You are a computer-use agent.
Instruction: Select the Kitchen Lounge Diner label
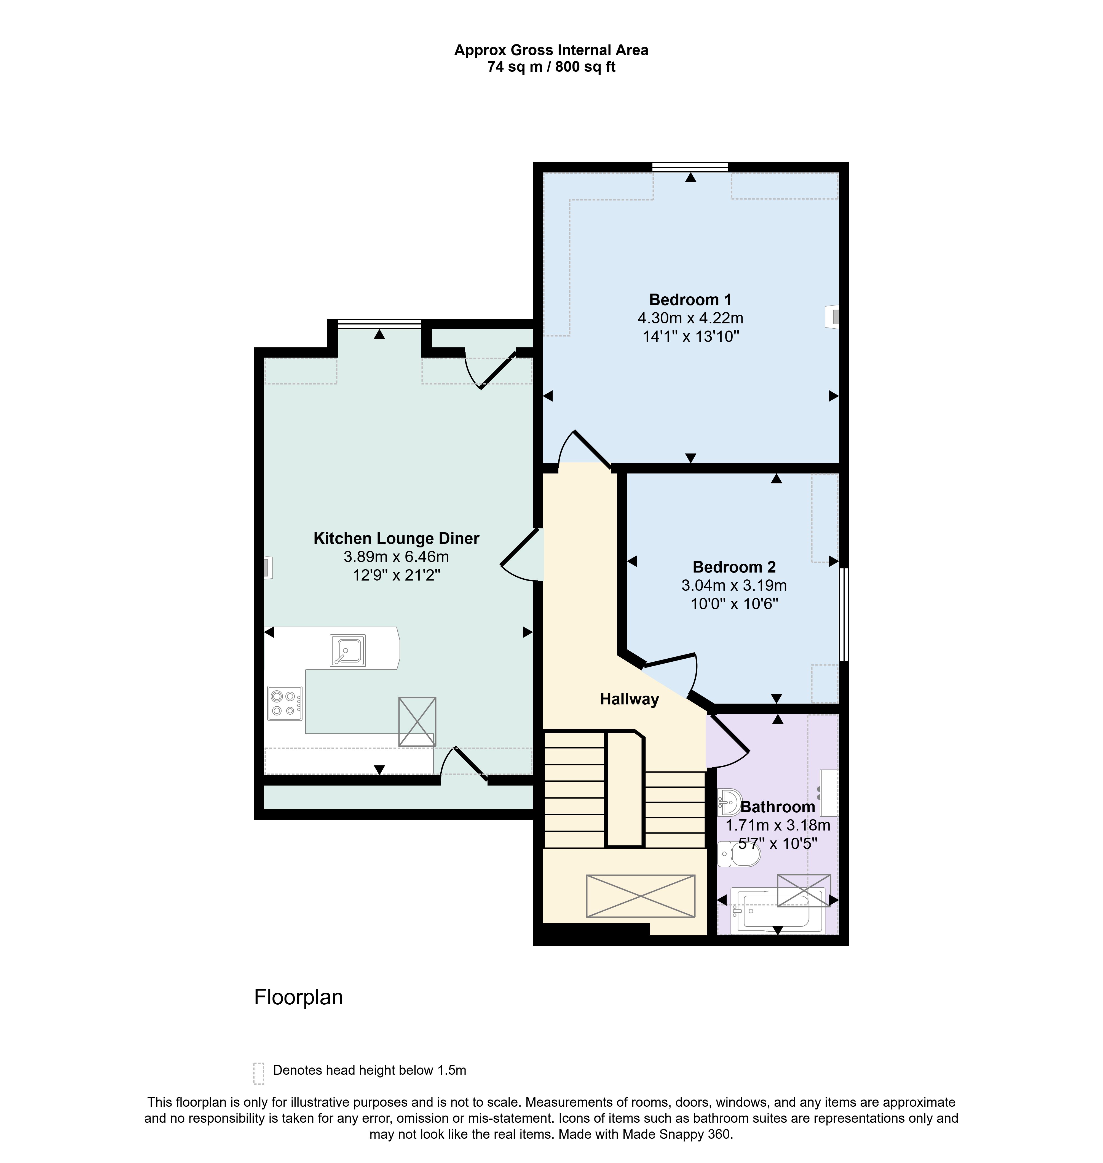[396, 538]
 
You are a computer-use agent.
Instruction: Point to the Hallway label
[629, 699]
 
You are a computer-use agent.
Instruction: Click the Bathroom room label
[777, 807]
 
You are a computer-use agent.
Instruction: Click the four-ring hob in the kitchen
[285, 703]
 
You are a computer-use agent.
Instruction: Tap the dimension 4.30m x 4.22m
[690, 318]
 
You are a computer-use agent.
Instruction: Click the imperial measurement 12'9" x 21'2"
[396, 575]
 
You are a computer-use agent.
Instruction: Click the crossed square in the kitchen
[417, 721]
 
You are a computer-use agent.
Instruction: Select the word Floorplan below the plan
[298, 997]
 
